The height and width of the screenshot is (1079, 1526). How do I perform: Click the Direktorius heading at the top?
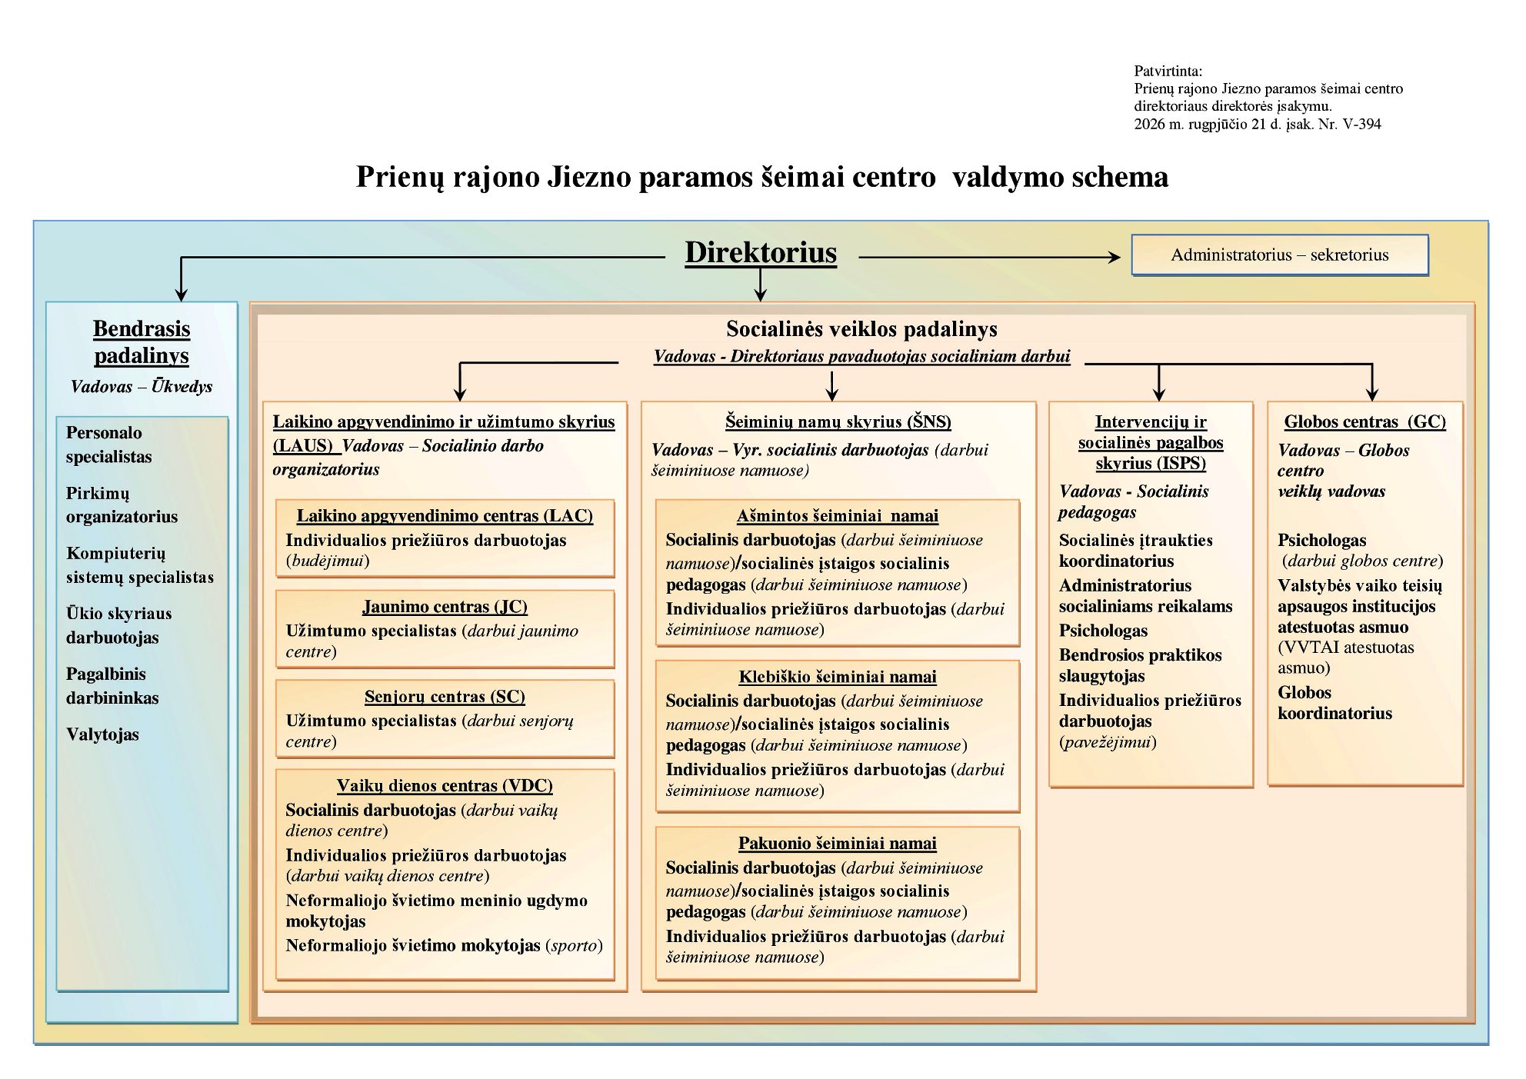coord(761,252)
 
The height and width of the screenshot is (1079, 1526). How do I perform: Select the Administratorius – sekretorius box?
coord(1280,255)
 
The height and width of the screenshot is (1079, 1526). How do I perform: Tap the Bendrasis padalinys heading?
coord(142,341)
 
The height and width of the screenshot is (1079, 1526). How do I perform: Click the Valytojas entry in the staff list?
coord(102,734)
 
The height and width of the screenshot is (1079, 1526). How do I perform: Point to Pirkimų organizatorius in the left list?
coord(122,505)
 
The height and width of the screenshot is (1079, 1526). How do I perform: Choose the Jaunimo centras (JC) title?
coord(445,607)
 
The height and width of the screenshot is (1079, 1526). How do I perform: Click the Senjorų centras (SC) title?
coord(445,697)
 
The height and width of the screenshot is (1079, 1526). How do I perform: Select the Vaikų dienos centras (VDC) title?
coord(445,786)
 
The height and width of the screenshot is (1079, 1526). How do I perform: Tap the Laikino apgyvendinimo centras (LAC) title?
coord(445,516)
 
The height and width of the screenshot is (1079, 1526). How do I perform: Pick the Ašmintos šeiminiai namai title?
coord(838,516)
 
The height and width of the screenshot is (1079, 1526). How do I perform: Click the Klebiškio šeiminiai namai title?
coord(838,677)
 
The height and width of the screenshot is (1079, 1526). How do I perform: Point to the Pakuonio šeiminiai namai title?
coord(838,844)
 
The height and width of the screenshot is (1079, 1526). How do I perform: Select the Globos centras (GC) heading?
coord(1365,422)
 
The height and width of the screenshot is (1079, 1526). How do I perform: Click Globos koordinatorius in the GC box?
coord(1334,703)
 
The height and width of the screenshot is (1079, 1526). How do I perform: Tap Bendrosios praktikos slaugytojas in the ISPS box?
coord(1140,665)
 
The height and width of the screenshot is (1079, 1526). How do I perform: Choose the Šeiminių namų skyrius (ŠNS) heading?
coord(838,422)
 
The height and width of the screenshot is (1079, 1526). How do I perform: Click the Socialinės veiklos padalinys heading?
coord(861,329)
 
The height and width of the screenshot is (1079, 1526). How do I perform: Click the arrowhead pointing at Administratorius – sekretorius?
coord(1114,257)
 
